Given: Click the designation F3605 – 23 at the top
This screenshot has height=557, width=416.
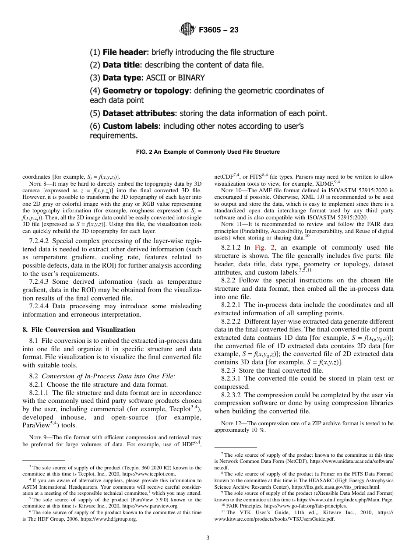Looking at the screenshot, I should (x=219, y=30).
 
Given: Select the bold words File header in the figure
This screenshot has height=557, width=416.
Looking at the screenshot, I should (x=124, y=53).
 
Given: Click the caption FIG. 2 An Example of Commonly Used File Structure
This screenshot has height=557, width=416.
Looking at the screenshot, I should (x=208, y=152).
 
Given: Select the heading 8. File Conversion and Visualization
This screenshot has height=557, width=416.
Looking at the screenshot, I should (x=79, y=330).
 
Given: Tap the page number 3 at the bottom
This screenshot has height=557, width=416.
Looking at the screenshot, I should (x=208, y=538).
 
